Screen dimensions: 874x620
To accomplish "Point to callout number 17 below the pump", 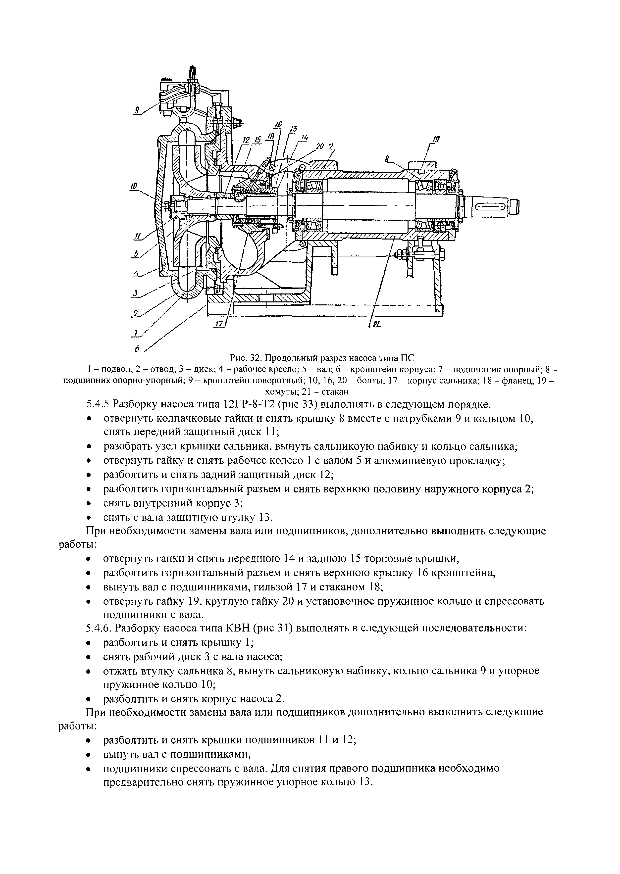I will [219, 324].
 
